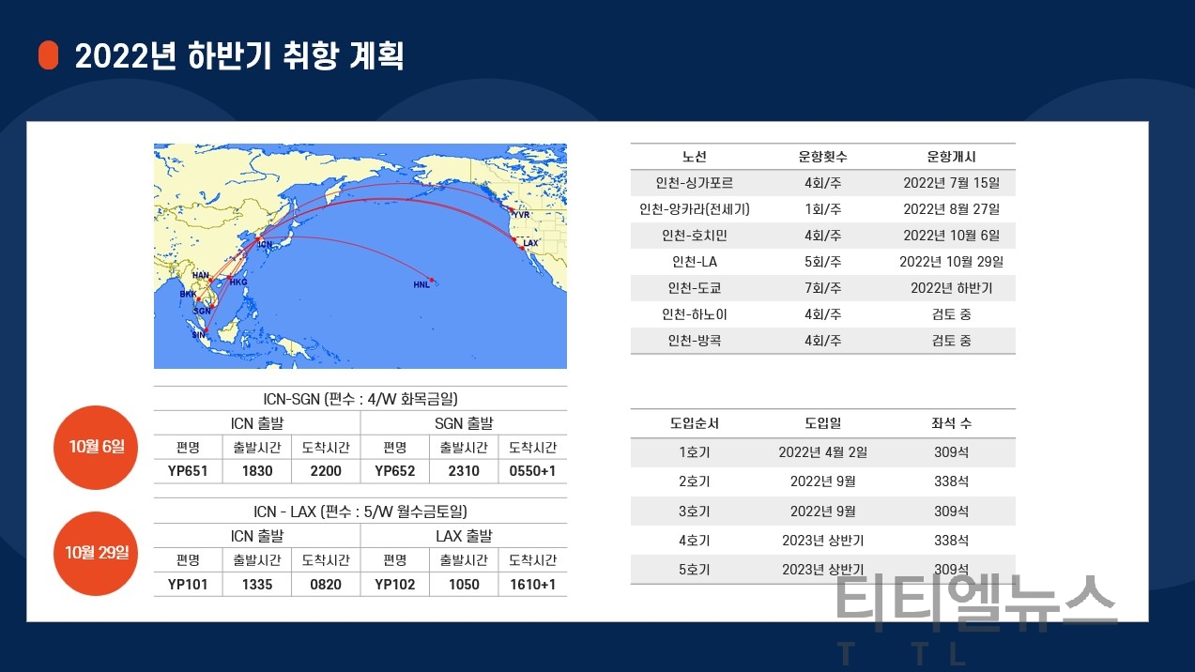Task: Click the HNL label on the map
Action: click(421, 284)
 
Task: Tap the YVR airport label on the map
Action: click(521, 215)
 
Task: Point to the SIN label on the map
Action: click(198, 335)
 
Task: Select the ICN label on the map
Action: click(265, 244)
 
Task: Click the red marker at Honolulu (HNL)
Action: click(432, 280)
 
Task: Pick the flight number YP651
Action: click(188, 471)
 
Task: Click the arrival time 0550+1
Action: click(532, 471)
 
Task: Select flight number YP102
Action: click(395, 585)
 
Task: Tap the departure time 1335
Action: click(257, 585)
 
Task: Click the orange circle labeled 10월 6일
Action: click(96, 448)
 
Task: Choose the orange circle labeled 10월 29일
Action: click(96, 554)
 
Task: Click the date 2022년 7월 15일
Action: click(951, 183)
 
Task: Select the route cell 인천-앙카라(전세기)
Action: click(694, 209)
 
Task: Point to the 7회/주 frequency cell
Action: click(822, 288)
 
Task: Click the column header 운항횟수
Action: click(822, 156)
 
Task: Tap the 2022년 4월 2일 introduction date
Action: click(822, 452)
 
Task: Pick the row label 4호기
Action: click(694, 541)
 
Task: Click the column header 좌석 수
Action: click(951, 423)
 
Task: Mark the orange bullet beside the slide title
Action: click(49, 55)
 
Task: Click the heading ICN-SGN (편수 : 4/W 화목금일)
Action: click(360, 398)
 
